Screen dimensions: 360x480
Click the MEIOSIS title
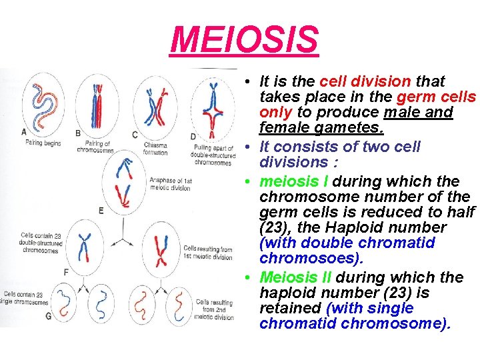click(244, 39)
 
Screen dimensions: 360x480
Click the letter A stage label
click(25, 131)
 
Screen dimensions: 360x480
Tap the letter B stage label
click(78, 133)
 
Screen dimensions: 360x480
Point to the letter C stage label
click(135, 135)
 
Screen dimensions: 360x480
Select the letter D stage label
click(192, 136)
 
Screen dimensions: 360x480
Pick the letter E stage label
click(101, 210)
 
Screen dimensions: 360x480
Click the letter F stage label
click(65, 272)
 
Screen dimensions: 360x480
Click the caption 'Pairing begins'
click(43, 143)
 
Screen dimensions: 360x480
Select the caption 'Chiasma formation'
click(155, 149)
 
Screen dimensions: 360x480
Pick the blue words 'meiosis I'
click(294, 181)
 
